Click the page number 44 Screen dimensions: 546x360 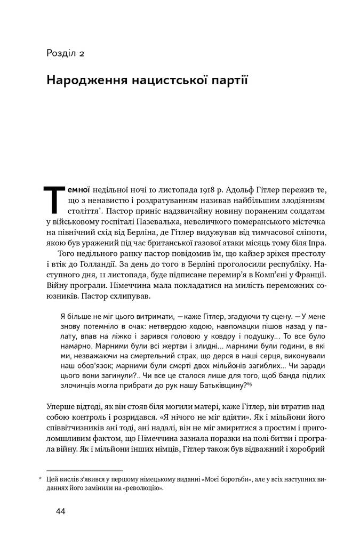60,511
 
